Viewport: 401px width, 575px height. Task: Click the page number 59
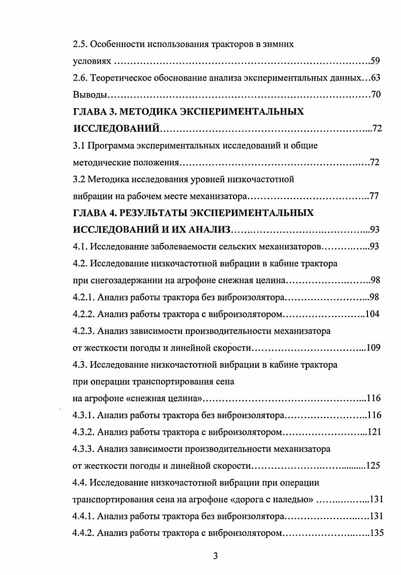point(375,62)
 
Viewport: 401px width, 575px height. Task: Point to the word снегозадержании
point(121,280)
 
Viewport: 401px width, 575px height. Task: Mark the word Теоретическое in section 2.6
point(122,78)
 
